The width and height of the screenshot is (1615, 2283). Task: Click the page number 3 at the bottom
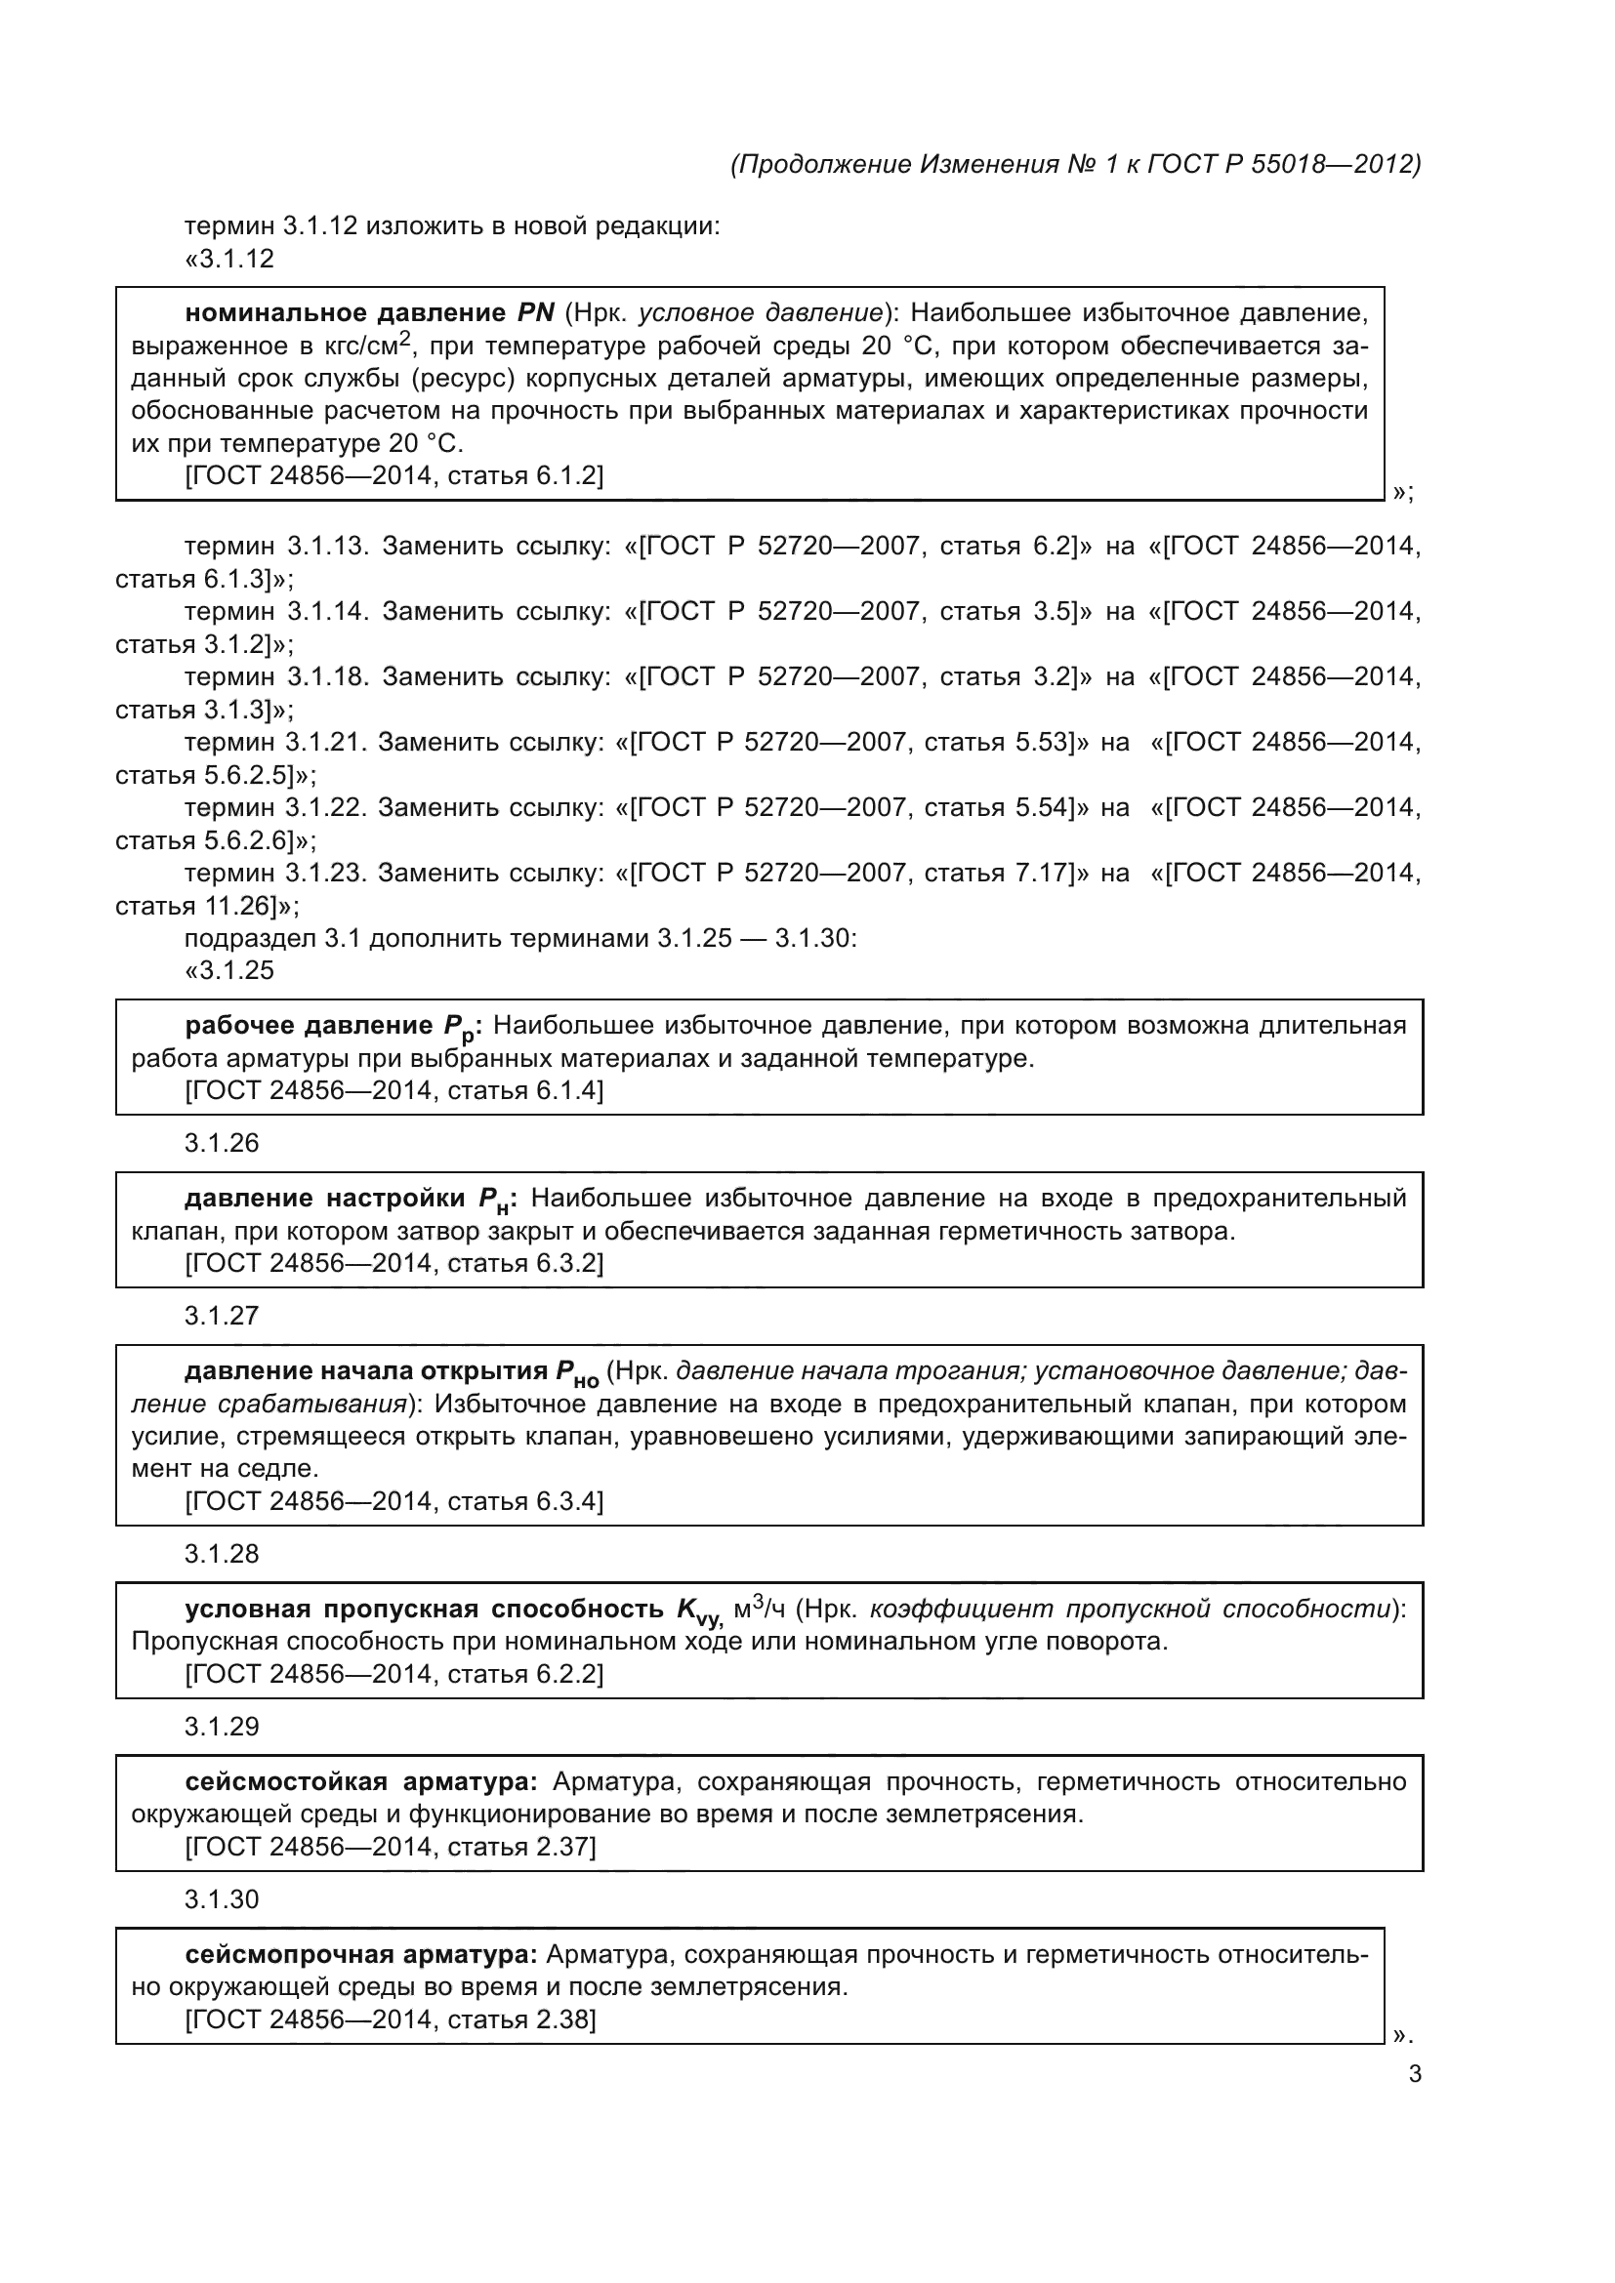(1414, 2074)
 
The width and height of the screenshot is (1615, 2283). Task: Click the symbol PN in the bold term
(536, 313)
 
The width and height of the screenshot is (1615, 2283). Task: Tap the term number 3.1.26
(222, 1144)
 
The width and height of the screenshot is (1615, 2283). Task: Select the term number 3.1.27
(222, 1317)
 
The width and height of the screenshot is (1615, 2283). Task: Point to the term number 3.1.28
(222, 1554)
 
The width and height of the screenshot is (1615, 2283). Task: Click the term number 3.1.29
(222, 1728)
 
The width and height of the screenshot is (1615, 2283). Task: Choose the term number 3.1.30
(222, 1900)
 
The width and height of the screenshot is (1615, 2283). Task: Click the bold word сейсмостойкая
(286, 1782)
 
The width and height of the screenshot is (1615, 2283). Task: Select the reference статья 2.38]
(522, 2020)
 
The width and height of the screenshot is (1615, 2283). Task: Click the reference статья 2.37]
(522, 1848)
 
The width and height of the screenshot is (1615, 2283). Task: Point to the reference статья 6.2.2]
(526, 1675)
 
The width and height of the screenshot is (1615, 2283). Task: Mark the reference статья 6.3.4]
(526, 1501)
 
